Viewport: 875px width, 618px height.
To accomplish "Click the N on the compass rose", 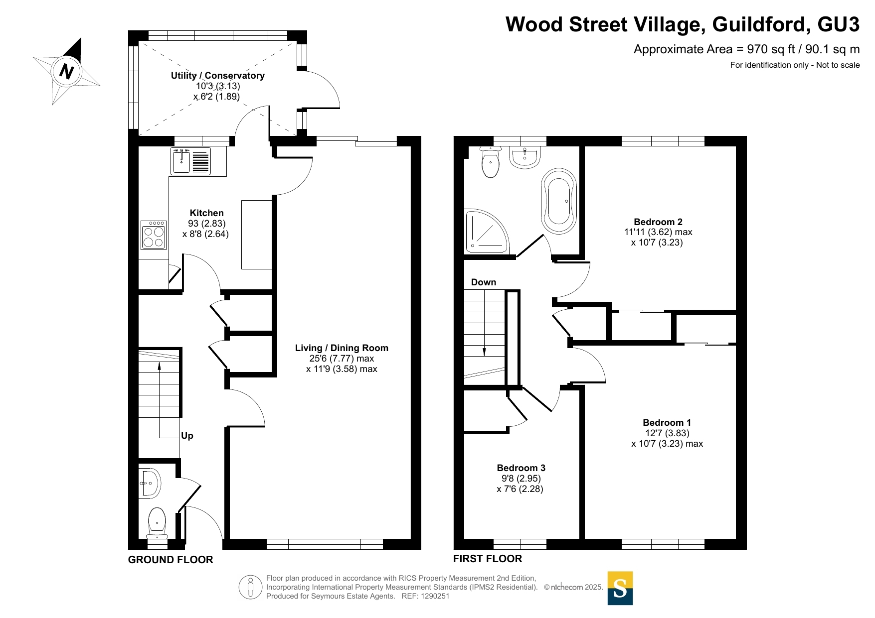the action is (66, 71).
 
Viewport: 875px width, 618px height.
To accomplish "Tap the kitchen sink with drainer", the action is (191, 161).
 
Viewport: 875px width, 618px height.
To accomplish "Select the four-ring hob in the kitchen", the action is (154, 235).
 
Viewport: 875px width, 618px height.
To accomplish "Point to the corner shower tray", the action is (486, 231).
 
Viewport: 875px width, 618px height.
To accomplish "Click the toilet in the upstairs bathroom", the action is (491, 162).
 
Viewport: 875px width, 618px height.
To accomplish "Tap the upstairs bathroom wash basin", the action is (525, 157).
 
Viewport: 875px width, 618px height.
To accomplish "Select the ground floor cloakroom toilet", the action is (157, 523).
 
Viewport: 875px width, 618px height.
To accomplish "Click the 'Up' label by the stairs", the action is (187, 436).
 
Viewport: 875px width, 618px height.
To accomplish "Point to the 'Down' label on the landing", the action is (484, 282).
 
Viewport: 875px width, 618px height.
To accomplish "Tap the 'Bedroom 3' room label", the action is (521, 468).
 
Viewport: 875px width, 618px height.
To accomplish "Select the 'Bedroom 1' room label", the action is (667, 423).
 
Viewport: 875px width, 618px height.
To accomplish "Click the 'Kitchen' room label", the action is (206, 213).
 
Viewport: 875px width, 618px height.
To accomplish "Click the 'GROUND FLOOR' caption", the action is (171, 560).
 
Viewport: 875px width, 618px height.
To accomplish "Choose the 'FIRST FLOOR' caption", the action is (488, 559).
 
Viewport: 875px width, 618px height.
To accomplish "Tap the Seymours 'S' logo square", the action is (620, 588).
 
